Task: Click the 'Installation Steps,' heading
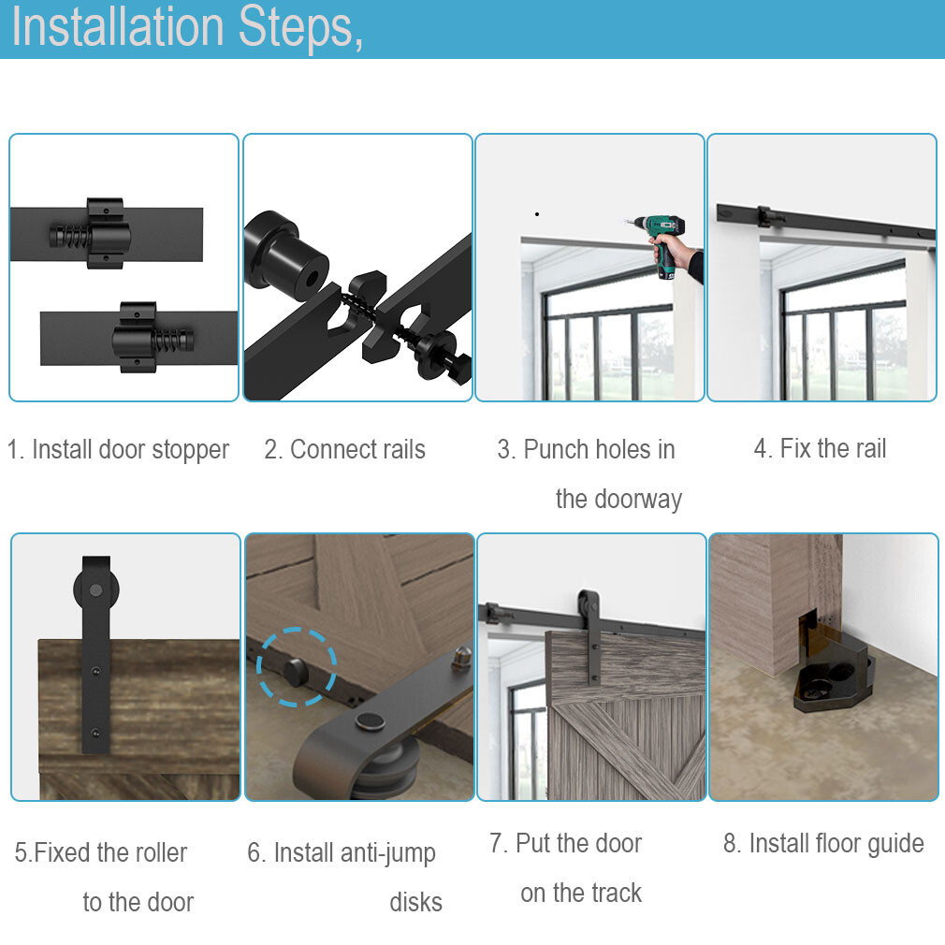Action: pyautogui.click(x=187, y=28)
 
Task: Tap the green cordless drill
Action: pyautogui.click(x=659, y=238)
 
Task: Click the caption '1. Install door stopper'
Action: pyautogui.click(x=118, y=449)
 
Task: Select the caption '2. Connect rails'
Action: pyautogui.click(x=344, y=449)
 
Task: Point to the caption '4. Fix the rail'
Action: pyautogui.click(x=820, y=448)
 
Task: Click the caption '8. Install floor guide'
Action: pyautogui.click(x=823, y=843)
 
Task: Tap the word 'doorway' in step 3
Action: pyautogui.click(x=618, y=499)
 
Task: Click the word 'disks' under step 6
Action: pyautogui.click(x=415, y=902)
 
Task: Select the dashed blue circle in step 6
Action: pyautogui.click(x=297, y=667)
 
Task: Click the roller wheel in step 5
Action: pyautogui.click(x=95, y=589)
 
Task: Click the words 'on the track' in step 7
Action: pyautogui.click(x=581, y=893)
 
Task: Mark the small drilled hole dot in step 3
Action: pyautogui.click(x=536, y=214)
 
